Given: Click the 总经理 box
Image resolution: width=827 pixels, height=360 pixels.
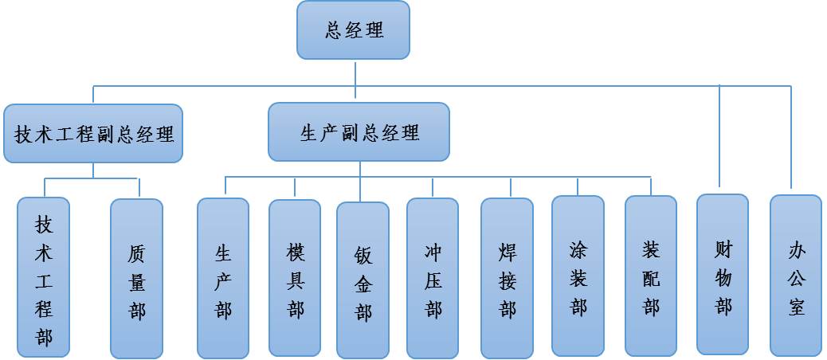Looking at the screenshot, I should [354, 30].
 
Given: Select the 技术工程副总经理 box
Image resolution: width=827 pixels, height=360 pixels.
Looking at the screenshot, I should [93, 133].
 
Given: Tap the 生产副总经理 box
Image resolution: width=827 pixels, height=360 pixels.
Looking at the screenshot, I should [359, 132].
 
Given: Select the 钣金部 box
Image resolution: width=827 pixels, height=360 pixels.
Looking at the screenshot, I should [363, 281].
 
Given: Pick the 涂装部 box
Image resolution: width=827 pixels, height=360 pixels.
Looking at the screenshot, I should [578, 278].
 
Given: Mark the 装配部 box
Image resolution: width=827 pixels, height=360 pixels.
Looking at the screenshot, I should [651, 278].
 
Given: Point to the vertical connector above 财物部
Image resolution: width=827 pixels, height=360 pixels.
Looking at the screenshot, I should [720, 135].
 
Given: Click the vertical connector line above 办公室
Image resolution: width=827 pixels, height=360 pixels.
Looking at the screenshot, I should [792, 135].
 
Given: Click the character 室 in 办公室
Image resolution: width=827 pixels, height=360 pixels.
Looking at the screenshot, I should [796, 306].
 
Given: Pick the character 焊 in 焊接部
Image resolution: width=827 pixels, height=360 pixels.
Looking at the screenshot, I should [507, 252].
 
